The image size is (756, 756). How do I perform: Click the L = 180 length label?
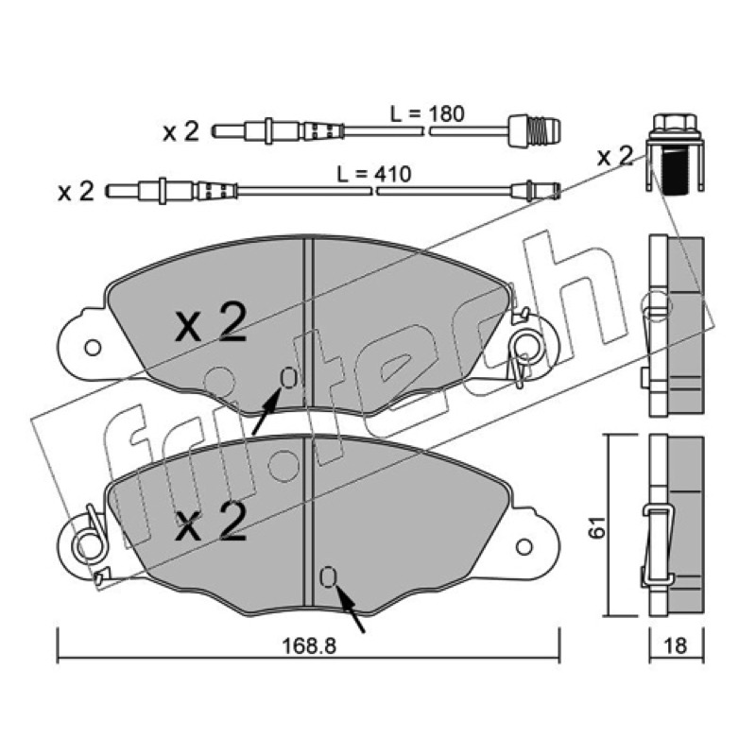(x=427, y=114)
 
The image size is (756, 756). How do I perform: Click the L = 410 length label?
(x=373, y=174)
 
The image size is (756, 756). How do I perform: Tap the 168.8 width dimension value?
(x=309, y=645)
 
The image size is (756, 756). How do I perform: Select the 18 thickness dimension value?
(x=675, y=645)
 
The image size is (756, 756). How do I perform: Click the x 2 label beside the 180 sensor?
(x=180, y=131)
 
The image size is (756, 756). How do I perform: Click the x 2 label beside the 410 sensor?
(x=76, y=192)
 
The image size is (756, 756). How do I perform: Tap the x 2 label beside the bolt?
(x=615, y=156)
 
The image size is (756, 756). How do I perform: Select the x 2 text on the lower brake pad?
(x=211, y=521)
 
